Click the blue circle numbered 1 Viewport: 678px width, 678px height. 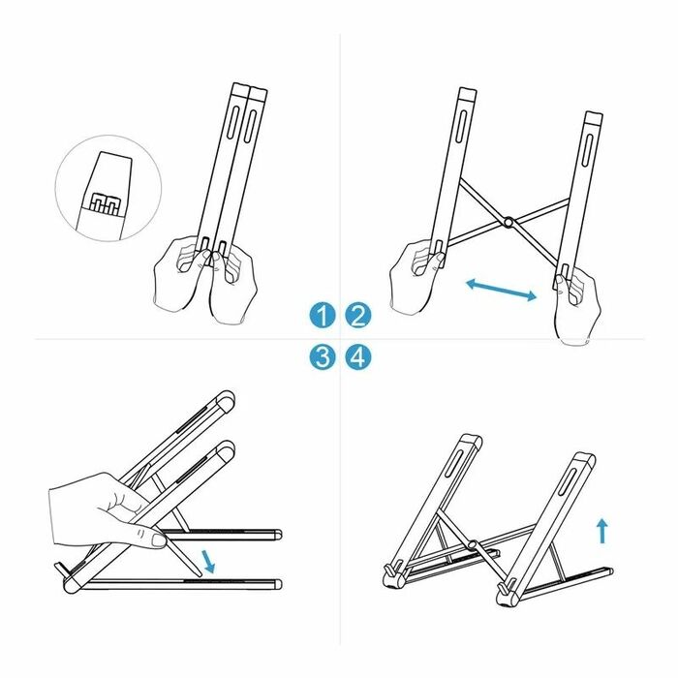tap(323, 315)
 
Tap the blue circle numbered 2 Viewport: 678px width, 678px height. tap(358, 315)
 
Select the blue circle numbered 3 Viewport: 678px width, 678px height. tap(323, 357)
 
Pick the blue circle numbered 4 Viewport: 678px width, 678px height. tap(358, 357)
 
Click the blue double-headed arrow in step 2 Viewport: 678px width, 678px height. tap(501, 291)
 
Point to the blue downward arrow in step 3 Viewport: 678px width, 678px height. tap(208, 561)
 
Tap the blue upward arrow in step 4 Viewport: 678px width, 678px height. tap(602, 531)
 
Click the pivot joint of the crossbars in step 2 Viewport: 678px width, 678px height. tap(508, 222)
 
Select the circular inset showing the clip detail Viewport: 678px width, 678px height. tap(108, 188)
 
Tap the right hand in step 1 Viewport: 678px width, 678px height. tap(233, 288)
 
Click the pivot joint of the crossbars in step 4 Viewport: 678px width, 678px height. tap(473, 544)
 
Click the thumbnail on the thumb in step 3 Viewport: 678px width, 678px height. tap(158, 540)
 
